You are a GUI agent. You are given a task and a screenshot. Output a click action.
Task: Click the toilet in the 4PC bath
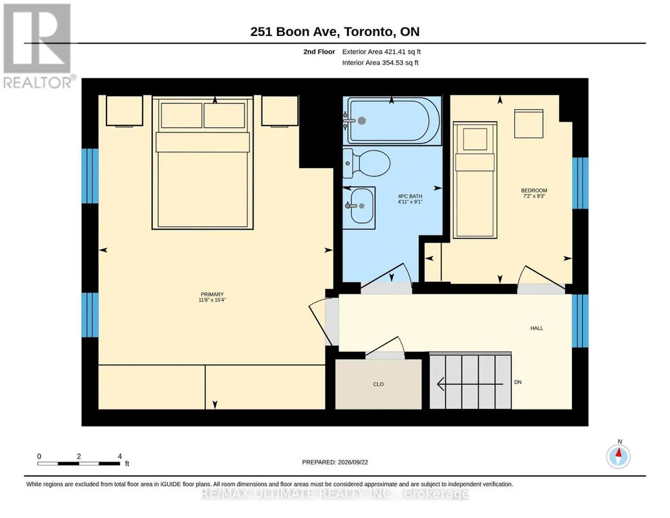(367, 164)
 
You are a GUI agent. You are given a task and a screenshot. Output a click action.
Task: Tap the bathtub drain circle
(361, 121)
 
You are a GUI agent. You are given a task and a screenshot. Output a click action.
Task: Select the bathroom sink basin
(361, 206)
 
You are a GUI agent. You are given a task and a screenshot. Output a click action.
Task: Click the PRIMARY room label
(212, 294)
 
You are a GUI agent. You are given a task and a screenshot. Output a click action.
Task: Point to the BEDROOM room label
(534, 190)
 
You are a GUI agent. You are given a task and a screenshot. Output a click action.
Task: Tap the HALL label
(537, 328)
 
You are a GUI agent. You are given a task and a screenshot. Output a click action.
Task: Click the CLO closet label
(378, 384)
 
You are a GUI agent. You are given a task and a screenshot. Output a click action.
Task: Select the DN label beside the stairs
(518, 382)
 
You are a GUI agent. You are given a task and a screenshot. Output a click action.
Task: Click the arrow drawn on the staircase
(470, 384)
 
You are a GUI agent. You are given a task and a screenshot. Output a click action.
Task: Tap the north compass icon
(618, 457)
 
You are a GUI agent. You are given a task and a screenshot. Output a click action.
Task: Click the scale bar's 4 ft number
(120, 456)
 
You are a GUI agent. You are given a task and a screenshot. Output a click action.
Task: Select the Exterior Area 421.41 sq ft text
(382, 52)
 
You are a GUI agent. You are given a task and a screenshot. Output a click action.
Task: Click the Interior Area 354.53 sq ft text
(380, 63)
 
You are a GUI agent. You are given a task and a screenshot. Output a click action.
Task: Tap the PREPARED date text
(335, 462)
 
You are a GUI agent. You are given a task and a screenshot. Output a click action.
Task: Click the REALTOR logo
(39, 46)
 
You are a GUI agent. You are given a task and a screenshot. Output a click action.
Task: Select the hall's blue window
(580, 321)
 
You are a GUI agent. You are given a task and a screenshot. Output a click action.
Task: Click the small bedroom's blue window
(580, 183)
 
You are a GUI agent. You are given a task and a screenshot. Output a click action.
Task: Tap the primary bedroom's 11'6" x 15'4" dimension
(212, 300)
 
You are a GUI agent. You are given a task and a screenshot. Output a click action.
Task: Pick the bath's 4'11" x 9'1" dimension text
(410, 201)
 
